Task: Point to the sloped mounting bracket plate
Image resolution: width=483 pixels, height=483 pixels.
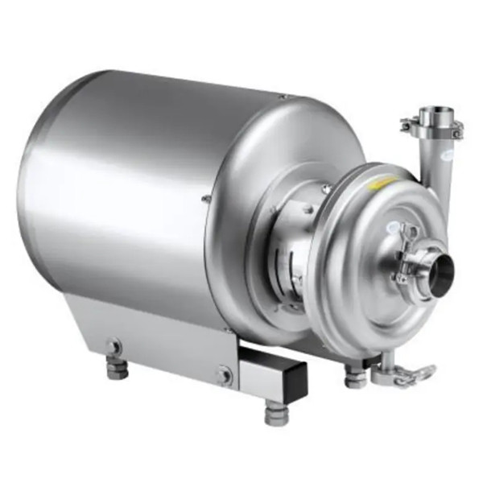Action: point(153,326)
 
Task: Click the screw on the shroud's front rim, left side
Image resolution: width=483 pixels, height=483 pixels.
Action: point(207,199)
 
